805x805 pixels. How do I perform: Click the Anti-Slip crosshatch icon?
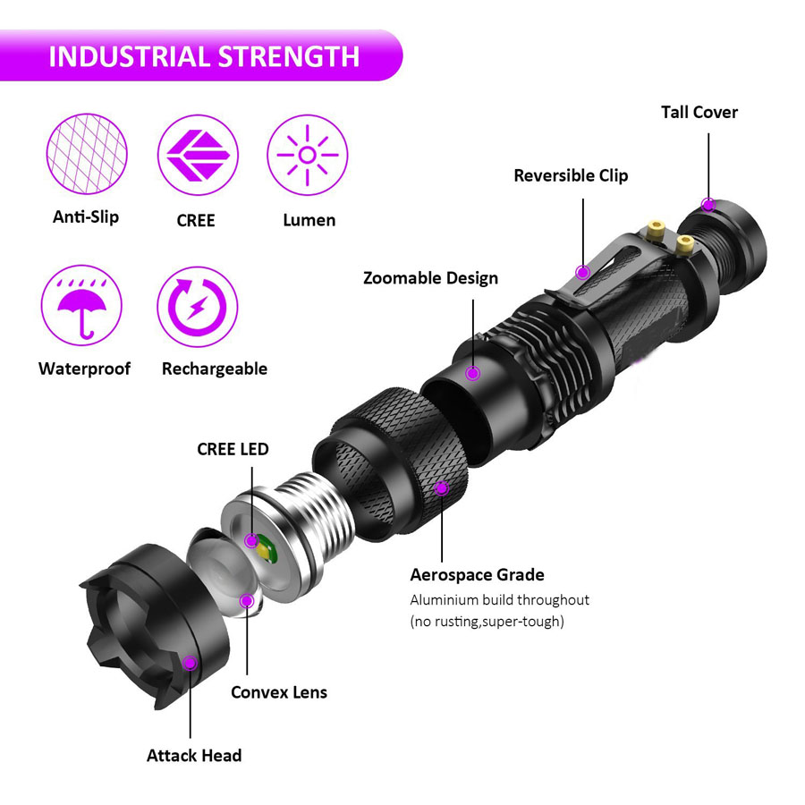87,154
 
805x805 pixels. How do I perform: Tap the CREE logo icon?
198,155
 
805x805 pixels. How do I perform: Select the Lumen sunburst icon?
308,155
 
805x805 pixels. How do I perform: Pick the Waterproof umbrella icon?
81,306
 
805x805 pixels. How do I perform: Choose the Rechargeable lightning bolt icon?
198,307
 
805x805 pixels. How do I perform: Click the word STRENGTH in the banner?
289,56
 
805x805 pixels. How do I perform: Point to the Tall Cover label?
699,112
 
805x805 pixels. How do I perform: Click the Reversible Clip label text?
571,175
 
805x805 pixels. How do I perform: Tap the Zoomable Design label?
431,278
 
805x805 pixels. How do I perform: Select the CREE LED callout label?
233,449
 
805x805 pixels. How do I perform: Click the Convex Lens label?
279,692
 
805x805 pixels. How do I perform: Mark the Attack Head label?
194,755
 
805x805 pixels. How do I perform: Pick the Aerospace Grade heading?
477,574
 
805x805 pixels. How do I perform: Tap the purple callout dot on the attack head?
190,663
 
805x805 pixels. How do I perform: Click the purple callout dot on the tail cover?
708,205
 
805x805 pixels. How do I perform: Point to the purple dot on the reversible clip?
582,272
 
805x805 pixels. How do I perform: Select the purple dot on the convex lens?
247,600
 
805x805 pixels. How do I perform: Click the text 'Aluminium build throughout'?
499,599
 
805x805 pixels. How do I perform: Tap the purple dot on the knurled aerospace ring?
442,488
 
